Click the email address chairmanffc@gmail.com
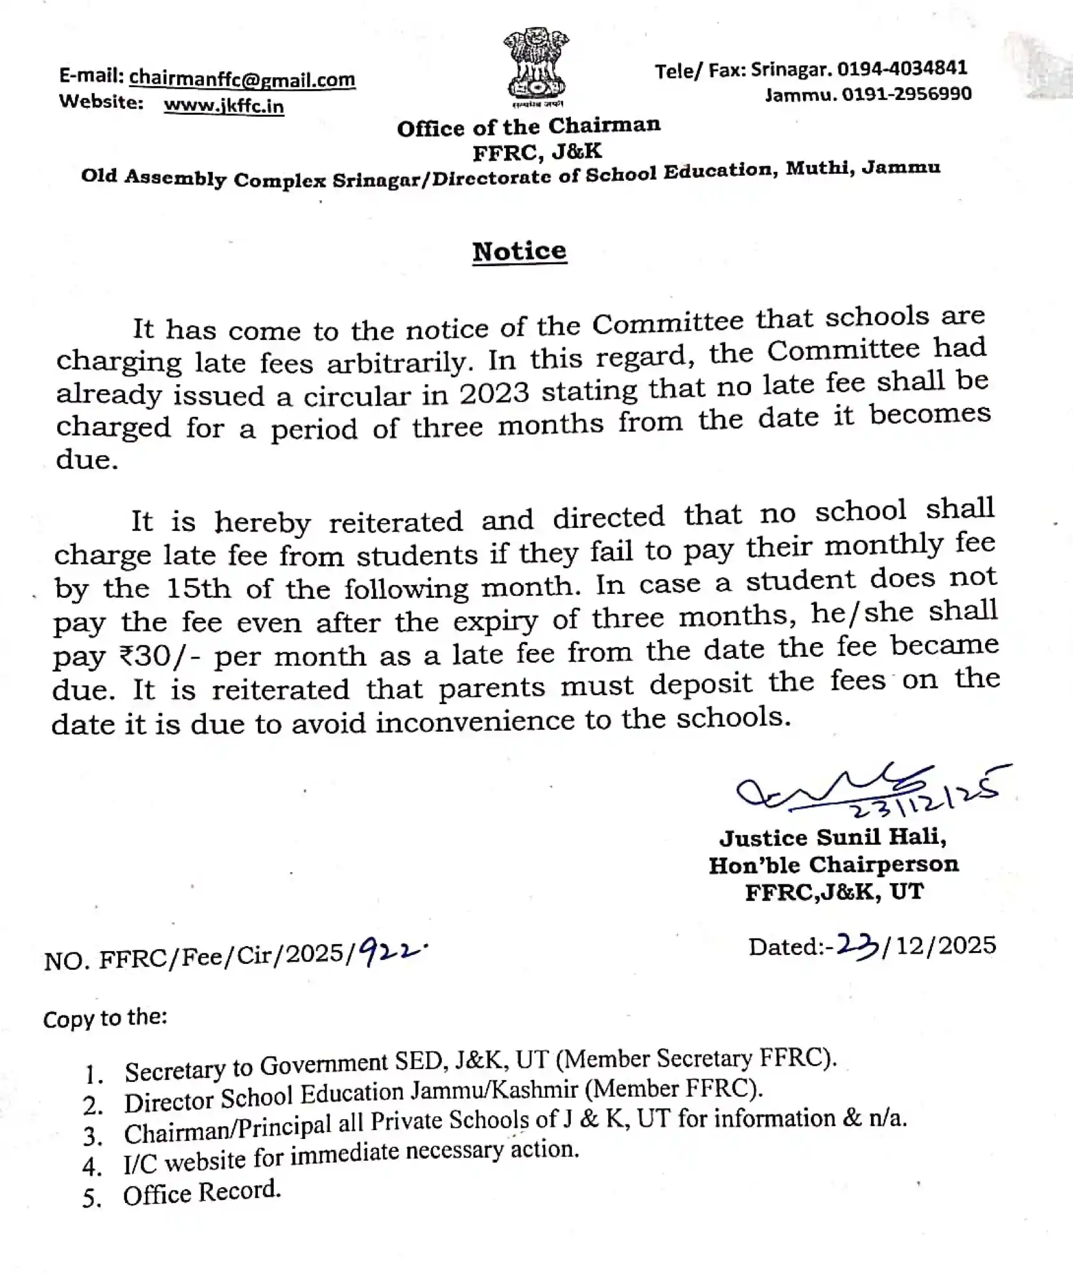pyautogui.click(x=242, y=79)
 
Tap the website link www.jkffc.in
pyautogui.click(x=223, y=105)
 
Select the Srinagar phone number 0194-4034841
pyautogui.click(x=902, y=68)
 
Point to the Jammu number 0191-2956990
pyautogui.click(x=906, y=94)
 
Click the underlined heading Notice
pyautogui.click(x=520, y=251)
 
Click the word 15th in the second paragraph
pyautogui.click(x=198, y=588)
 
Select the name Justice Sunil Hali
pyautogui.click(x=832, y=837)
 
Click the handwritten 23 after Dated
pyautogui.click(x=859, y=947)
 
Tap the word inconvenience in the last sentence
pyautogui.click(x=485, y=722)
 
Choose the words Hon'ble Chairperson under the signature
pyautogui.click(x=833, y=865)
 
